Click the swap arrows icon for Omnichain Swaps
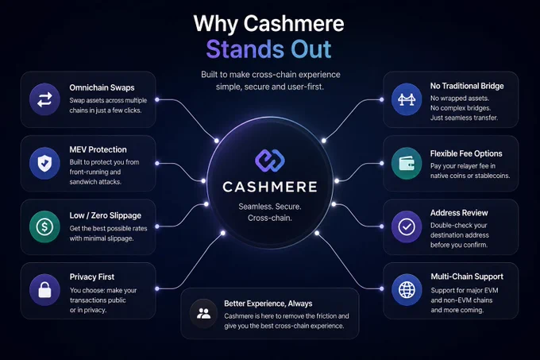click(x=44, y=99)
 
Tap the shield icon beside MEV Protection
click(x=44, y=163)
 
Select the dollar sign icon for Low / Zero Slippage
click(x=44, y=226)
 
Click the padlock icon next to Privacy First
click(x=44, y=290)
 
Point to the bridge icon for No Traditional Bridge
click(x=407, y=99)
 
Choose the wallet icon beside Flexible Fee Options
click(x=407, y=163)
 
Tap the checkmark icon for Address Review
click(x=407, y=226)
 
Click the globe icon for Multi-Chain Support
click(x=407, y=290)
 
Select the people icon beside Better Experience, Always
click(x=203, y=313)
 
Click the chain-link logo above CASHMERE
click(x=270, y=161)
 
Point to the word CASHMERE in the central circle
click(x=270, y=187)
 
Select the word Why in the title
click(x=215, y=24)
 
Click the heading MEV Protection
click(x=98, y=149)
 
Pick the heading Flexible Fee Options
click(x=466, y=153)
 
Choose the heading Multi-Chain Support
click(x=467, y=277)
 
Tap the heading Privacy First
click(x=92, y=277)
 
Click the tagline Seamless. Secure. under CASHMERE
click(x=270, y=207)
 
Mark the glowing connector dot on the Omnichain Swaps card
click(x=157, y=99)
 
